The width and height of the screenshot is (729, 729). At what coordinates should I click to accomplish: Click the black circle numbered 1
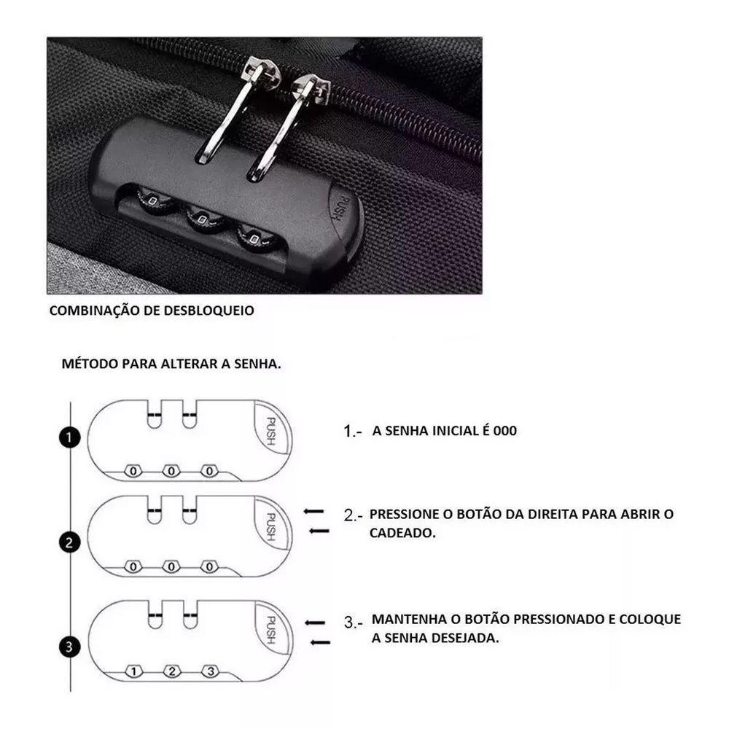coord(69,437)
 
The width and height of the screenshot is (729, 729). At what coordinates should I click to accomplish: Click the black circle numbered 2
coord(69,542)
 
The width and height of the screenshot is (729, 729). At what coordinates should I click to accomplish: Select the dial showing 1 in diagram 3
coord(133,671)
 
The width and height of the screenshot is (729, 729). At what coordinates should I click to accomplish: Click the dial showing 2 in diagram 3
coord(171,671)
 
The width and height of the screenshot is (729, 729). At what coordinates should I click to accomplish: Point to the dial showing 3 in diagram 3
coord(209,671)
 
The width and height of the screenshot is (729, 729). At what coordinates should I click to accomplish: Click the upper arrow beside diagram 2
coord(313,512)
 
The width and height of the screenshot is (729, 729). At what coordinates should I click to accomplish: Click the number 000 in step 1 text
coord(504,431)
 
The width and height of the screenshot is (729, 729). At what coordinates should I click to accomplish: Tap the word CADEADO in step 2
coord(402,533)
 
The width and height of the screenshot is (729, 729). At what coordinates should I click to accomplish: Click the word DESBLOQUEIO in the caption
coord(212,311)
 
